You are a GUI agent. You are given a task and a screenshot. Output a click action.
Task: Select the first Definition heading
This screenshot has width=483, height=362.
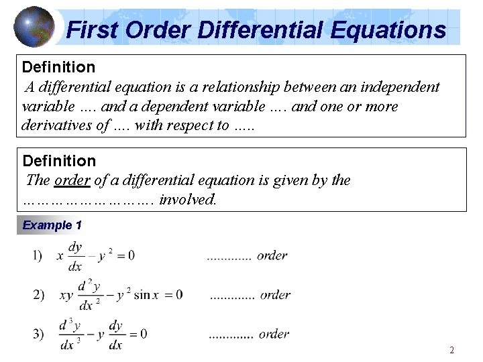pos(59,67)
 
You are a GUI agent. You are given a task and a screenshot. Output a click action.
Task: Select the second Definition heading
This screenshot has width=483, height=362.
pos(59,161)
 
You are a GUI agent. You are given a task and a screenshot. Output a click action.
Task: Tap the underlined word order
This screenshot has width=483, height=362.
pos(68,180)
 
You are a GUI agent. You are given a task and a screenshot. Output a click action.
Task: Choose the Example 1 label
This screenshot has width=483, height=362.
pos(52,225)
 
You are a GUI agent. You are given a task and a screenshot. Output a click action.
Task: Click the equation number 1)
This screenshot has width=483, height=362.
pos(37,255)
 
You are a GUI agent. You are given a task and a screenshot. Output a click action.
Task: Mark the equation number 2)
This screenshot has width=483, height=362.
pos(38,294)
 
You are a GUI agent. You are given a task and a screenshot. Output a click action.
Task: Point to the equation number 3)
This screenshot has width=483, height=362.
pos(38,333)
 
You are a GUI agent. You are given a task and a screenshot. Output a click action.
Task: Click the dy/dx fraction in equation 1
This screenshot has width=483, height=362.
pos(75,256)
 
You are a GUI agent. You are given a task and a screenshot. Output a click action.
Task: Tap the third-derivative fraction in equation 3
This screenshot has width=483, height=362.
pos(70,335)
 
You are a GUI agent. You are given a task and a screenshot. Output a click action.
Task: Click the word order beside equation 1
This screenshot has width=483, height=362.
pos(272,255)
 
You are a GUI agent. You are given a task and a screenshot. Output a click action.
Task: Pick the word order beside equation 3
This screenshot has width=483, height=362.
pos(274,334)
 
